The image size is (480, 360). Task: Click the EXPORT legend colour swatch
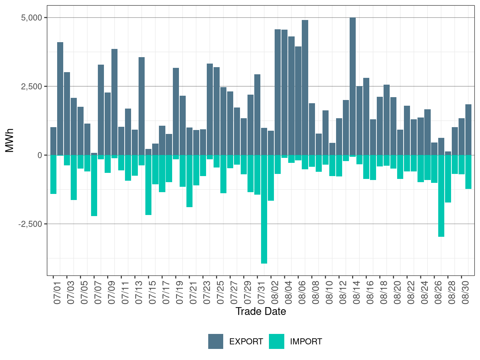(x=216, y=341)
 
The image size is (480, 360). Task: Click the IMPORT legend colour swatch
(x=276, y=341)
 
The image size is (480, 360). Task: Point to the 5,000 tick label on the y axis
(x=31, y=17)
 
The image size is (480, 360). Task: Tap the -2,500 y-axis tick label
(x=30, y=224)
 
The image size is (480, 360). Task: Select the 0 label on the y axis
(x=40, y=155)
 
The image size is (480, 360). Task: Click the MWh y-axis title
(x=10, y=140)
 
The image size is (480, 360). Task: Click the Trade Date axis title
(x=261, y=311)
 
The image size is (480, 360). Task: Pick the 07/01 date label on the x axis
(x=57, y=294)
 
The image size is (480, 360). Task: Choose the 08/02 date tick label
(x=275, y=294)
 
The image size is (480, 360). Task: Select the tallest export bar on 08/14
(x=352, y=86)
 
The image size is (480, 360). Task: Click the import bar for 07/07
(x=94, y=185)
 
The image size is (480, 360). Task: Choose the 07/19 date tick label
(x=180, y=294)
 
